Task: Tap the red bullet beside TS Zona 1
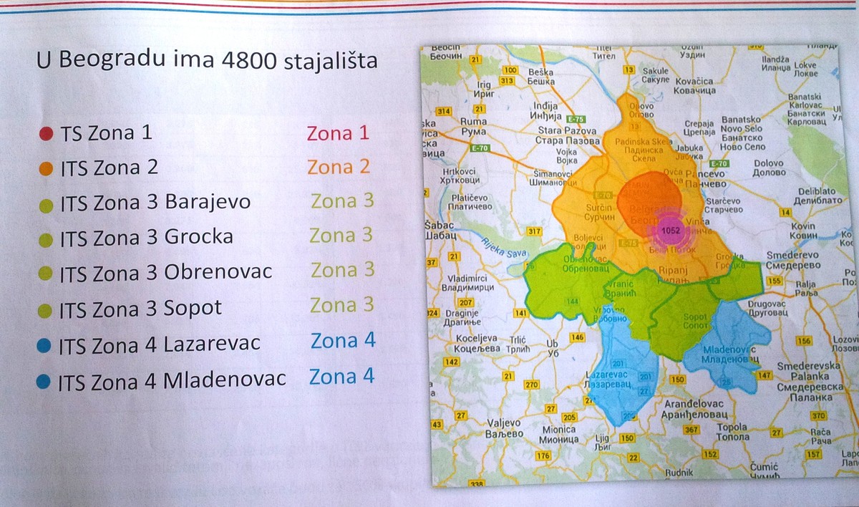pyautogui.click(x=46, y=133)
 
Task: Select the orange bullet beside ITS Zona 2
pyautogui.click(x=46, y=169)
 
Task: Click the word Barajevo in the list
pyautogui.click(x=208, y=203)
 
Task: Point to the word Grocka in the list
pyautogui.click(x=199, y=237)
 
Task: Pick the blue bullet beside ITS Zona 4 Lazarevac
pyautogui.click(x=44, y=345)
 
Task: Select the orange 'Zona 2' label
pyautogui.click(x=339, y=167)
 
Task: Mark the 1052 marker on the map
pyautogui.click(x=671, y=231)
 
